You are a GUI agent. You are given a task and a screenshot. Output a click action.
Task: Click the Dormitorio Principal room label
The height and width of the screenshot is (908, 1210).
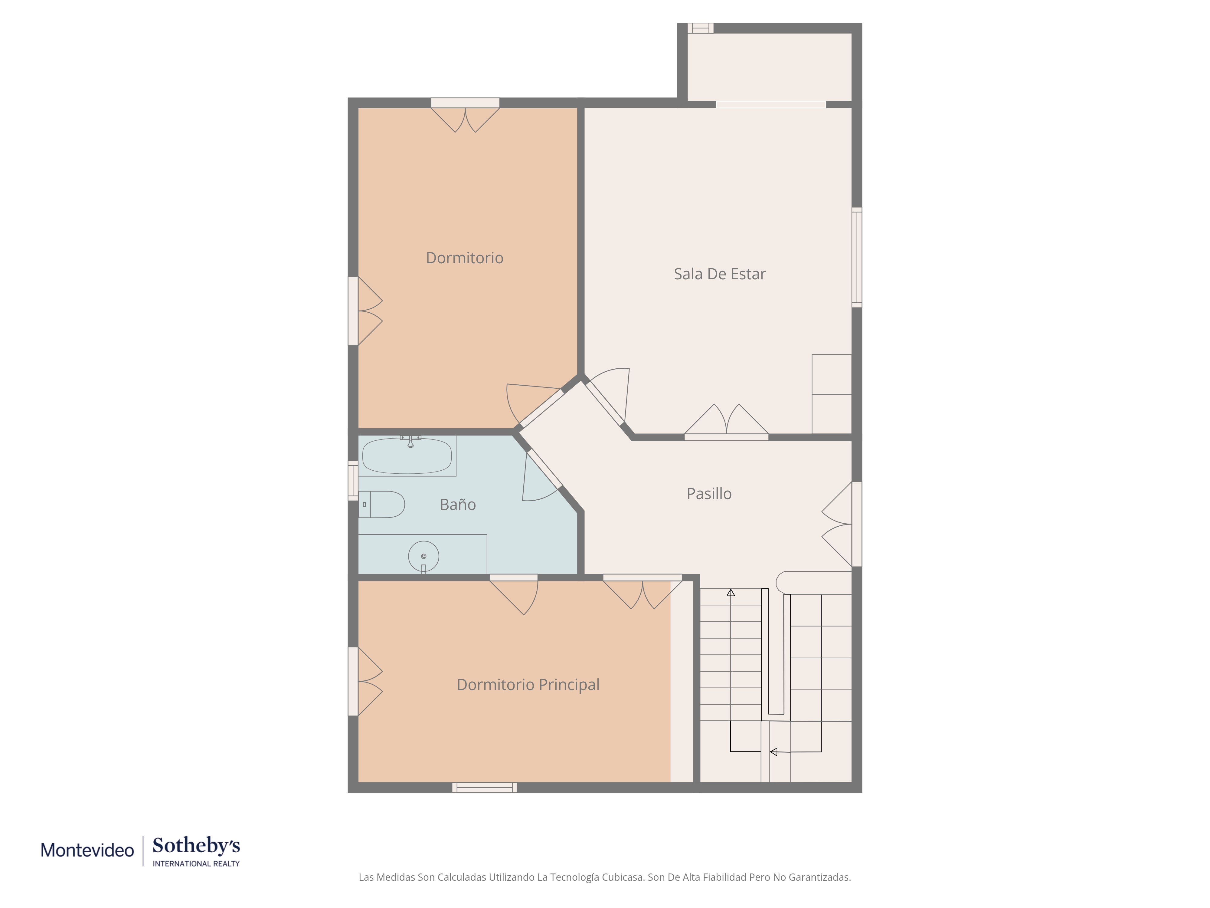pos(528,685)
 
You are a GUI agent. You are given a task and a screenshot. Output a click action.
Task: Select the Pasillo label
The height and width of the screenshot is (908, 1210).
pos(709,494)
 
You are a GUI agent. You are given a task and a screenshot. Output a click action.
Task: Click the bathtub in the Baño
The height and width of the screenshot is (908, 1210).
pos(407,456)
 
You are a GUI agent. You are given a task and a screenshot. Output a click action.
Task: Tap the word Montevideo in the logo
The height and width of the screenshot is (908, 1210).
pos(87,850)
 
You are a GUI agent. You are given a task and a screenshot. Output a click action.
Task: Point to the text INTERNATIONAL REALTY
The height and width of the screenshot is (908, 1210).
pos(196,864)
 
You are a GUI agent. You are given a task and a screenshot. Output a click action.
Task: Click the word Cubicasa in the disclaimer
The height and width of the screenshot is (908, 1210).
pos(622,877)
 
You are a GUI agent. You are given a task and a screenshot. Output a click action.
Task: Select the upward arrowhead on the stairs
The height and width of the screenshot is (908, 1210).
pos(731,592)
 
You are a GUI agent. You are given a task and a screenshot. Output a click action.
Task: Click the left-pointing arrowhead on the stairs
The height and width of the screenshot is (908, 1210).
pos(773,752)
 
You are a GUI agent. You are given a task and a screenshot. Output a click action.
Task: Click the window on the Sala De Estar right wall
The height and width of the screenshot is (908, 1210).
pos(857,257)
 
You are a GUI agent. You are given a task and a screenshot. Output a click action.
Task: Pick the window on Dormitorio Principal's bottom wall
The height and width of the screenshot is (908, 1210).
pos(485,788)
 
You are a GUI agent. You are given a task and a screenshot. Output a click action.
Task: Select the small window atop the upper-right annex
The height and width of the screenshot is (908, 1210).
pos(701,28)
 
